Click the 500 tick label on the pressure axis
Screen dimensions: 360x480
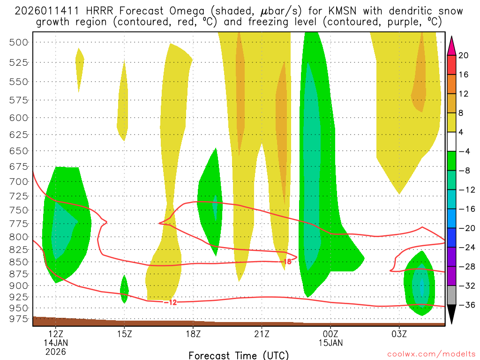[x=19, y=43]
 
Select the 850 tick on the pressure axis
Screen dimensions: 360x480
[x=19, y=262]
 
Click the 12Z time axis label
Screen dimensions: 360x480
[x=56, y=334]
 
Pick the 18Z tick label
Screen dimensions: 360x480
[x=193, y=334]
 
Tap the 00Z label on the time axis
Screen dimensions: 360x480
[x=330, y=334]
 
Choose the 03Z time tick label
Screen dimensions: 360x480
[x=399, y=334]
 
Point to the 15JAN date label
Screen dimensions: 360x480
[x=330, y=343]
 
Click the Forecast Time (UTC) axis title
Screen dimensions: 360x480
[x=239, y=355]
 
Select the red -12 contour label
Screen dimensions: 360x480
[x=171, y=302]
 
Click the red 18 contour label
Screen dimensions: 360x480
[x=287, y=262]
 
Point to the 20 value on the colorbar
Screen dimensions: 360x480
[x=464, y=55]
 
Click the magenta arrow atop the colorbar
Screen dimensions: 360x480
[x=452, y=45]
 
